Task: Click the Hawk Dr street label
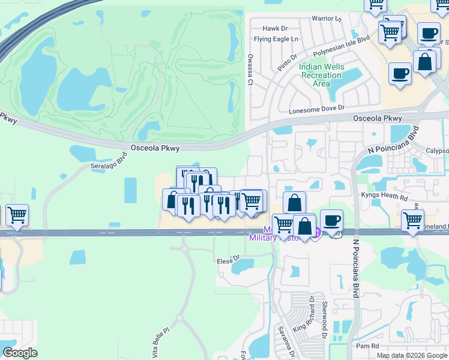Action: coord(276,28)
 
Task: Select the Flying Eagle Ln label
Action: coord(276,39)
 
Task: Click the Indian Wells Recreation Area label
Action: coord(321,75)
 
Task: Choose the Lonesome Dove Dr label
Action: coord(316,109)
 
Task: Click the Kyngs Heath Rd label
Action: coord(384,196)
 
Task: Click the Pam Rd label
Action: coord(367,346)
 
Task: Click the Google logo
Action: coord(20,353)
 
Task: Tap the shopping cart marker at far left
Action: coord(16,214)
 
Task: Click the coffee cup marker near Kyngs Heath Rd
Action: coord(331,220)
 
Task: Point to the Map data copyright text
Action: coord(412,355)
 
